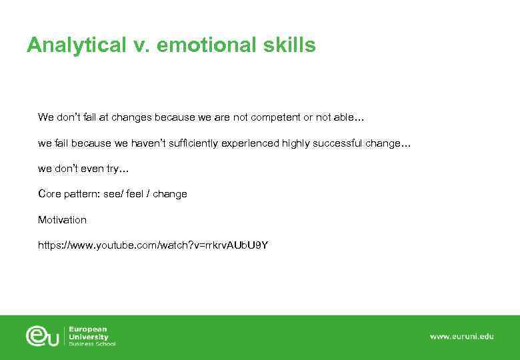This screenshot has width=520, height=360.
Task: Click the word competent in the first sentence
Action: coord(275,117)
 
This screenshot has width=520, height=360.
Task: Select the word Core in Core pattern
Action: coord(49,194)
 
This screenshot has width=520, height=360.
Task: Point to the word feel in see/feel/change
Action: coord(135,194)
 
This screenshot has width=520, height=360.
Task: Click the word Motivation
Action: coord(62,219)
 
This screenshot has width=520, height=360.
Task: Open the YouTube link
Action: coord(153,245)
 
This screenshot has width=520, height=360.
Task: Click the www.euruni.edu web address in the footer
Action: coord(461,337)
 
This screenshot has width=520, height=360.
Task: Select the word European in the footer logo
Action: coord(88,329)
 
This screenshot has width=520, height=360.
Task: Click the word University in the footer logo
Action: coord(89,337)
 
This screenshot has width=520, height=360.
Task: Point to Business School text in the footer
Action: coord(92,344)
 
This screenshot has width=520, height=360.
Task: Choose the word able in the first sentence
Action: coord(346,117)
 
